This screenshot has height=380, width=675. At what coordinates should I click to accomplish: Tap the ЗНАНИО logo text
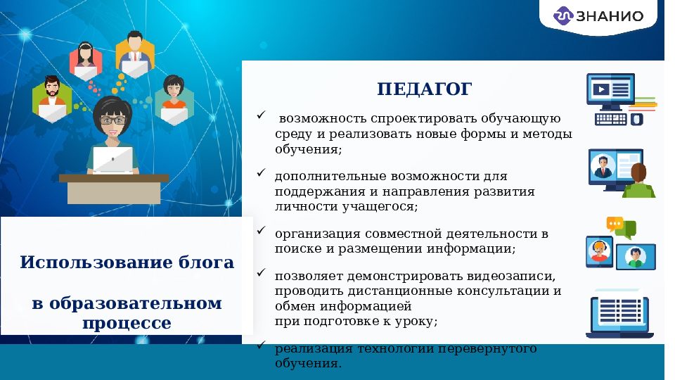tap(609, 16)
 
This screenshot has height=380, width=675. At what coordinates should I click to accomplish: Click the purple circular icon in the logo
tap(564, 16)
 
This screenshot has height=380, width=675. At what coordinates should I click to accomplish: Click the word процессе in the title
tap(127, 323)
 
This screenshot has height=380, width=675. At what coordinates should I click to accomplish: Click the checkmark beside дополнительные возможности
tap(261, 172)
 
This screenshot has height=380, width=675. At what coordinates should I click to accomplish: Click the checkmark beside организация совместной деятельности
tap(261, 230)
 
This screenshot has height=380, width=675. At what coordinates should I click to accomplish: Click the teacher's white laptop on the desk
tap(112, 160)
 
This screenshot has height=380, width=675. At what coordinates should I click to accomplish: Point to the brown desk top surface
tap(113, 178)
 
